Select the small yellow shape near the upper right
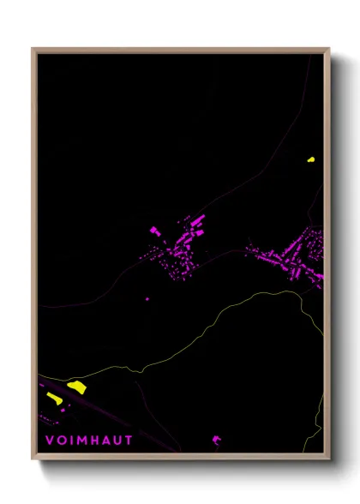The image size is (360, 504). (310, 159)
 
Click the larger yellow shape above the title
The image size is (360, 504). (76, 387)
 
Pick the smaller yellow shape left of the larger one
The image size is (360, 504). (55, 398)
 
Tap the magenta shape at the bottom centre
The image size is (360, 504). (216, 441)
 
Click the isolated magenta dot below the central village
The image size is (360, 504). (147, 299)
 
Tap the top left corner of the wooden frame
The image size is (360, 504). (33, 50)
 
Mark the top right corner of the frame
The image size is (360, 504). (328, 50)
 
